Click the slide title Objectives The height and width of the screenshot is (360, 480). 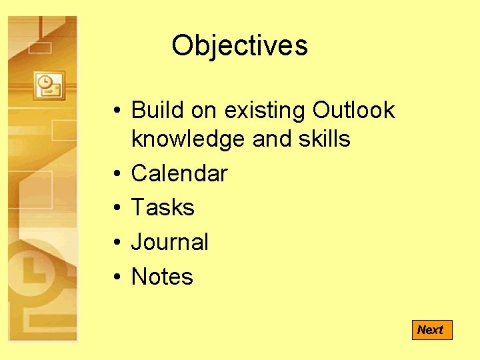coord(239,45)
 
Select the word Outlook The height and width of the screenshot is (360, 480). coord(353,110)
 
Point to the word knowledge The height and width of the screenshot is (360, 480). coord(189,139)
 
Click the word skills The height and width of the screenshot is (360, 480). coord(325,139)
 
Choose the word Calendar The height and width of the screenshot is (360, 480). coord(179,173)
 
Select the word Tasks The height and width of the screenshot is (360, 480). coord(163,207)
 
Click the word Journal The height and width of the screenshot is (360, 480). coord(169,242)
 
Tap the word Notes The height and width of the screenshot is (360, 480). coord(162,277)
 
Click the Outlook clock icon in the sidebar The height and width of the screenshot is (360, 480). coord(49,85)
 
